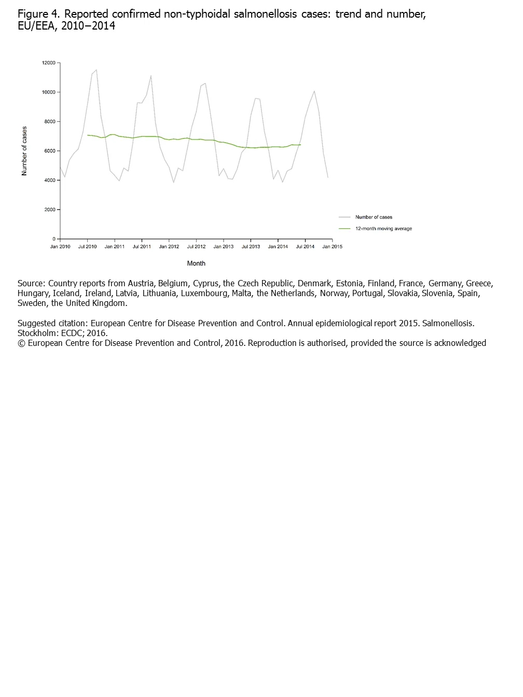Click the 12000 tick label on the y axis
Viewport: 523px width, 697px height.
49,63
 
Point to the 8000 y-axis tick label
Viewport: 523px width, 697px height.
50,122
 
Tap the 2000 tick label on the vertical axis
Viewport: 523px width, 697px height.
50,210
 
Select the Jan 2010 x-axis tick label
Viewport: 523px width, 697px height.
60,247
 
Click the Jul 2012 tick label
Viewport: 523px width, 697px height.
196,247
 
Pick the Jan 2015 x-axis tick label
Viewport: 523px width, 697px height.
332,247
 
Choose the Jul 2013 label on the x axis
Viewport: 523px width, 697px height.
251,247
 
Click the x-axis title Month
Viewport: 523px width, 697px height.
196,263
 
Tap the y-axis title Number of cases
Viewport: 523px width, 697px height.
24,151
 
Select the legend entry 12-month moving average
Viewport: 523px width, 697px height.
383,229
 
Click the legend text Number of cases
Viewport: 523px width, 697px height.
374,217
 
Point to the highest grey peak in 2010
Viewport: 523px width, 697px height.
97,70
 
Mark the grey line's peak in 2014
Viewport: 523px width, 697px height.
314,91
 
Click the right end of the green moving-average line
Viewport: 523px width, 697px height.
300,145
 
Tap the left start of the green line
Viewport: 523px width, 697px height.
87,135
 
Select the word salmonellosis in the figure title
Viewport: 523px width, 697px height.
263,15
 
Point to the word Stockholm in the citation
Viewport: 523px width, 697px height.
37,333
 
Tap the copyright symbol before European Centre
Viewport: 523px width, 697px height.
21,343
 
